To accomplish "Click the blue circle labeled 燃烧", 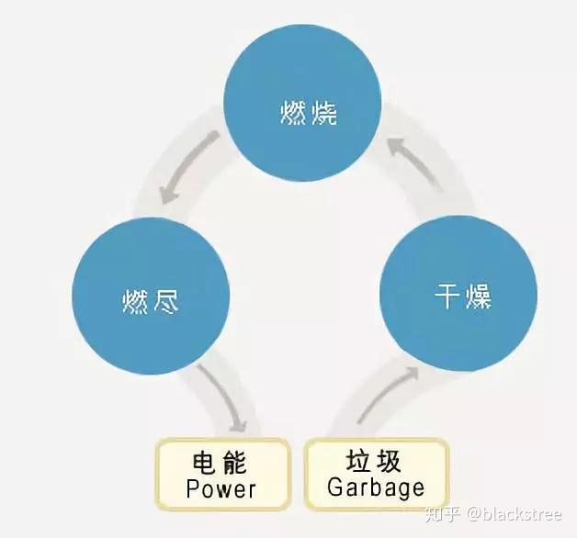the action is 302,103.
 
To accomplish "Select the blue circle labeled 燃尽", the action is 151,296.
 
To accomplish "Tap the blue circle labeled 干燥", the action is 458,294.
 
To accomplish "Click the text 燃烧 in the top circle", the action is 309,112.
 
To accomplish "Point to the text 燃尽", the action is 150,301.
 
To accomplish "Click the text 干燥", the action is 463,296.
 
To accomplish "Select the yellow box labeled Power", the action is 222,474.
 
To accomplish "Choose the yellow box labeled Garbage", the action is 376,474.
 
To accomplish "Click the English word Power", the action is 221,489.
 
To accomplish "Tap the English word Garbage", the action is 376,488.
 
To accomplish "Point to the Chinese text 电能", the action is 220,462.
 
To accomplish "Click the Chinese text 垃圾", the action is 373,461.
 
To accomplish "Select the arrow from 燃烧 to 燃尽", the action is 183,163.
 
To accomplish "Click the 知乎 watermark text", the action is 443,514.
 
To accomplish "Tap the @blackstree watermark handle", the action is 515,514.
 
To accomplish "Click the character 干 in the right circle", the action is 447,296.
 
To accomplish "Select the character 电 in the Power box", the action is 203,462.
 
